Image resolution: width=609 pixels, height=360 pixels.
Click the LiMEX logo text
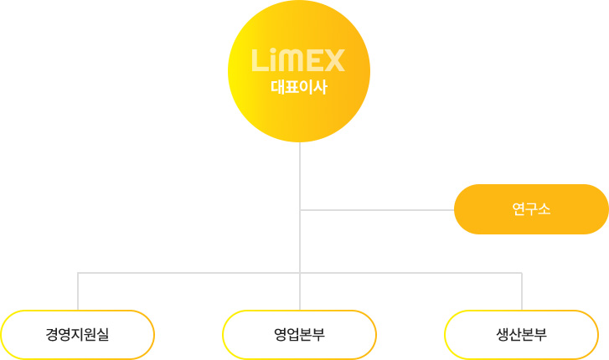click(x=298, y=60)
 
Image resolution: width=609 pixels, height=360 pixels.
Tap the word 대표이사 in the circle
click(x=299, y=87)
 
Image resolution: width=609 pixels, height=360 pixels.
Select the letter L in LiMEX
click(x=259, y=60)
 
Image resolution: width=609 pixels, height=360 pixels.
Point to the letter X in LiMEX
click(x=334, y=60)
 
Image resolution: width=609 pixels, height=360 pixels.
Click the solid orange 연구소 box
click(x=531, y=209)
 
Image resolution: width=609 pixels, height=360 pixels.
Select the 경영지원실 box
click(x=77, y=334)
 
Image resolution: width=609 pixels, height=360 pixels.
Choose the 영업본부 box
click(x=299, y=334)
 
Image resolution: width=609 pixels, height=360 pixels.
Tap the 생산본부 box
click(x=522, y=334)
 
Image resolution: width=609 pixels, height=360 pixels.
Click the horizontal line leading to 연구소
click(x=377, y=210)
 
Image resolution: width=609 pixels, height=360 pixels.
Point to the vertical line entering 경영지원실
click(x=78, y=291)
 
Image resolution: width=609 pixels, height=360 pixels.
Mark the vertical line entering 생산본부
click(x=522, y=291)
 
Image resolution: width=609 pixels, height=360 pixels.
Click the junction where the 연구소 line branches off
click(x=300, y=210)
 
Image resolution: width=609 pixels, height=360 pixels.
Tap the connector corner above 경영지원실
click(x=78, y=273)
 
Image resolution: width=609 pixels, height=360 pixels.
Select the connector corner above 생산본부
click(x=522, y=273)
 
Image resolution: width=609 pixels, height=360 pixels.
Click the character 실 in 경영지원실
click(x=103, y=334)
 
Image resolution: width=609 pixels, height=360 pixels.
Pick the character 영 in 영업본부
click(x=281, y=334)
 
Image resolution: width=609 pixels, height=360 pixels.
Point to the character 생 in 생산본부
click(x=503, y=334)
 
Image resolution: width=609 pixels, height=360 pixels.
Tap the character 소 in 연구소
click(x=544, y=209)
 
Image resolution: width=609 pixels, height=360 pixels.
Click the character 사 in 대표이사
click(x=321, y=87)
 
